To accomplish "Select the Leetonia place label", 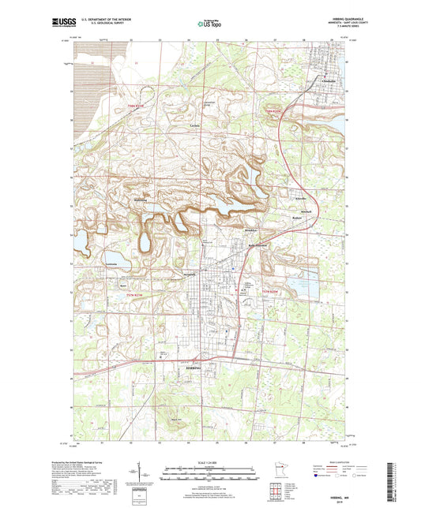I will pos(111,263).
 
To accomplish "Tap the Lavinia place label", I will pos(195,126).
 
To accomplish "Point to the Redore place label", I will pos(297,218).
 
